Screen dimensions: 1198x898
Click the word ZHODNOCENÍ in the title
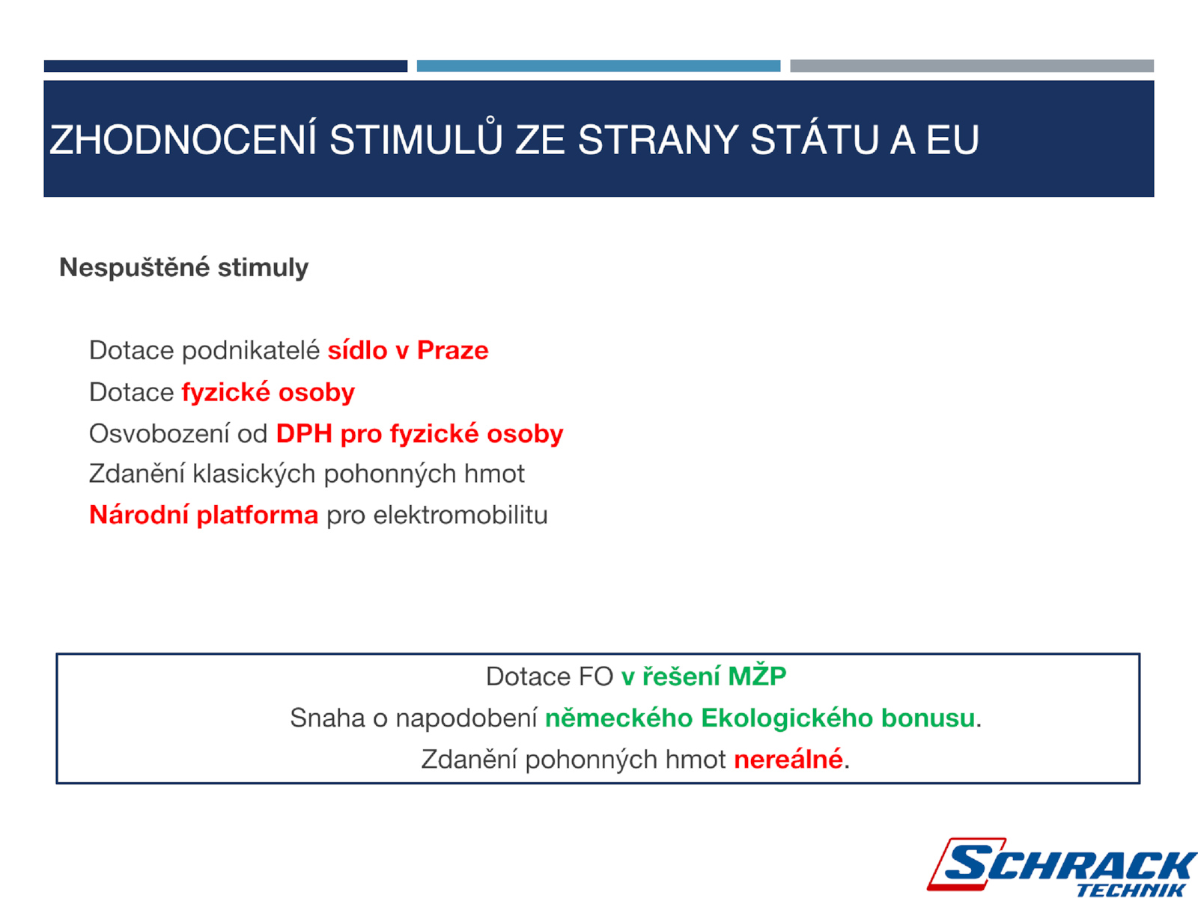[183, 140]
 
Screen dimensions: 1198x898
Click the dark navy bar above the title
[225, 66]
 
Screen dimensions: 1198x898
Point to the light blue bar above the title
[598, 66]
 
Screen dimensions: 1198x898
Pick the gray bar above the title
[971, 66]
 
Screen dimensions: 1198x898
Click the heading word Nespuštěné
[134, 267]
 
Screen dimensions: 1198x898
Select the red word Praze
[452, 350]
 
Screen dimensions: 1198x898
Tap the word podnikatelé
[251, 350]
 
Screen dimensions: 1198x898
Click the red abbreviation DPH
[304, 434]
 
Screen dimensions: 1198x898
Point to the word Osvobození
[159, 434]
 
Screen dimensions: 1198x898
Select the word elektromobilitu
[460, 516]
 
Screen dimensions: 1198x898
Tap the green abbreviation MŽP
[757, 676]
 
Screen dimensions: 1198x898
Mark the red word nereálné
[788, 759]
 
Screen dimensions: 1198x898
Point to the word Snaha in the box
[327, 718]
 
